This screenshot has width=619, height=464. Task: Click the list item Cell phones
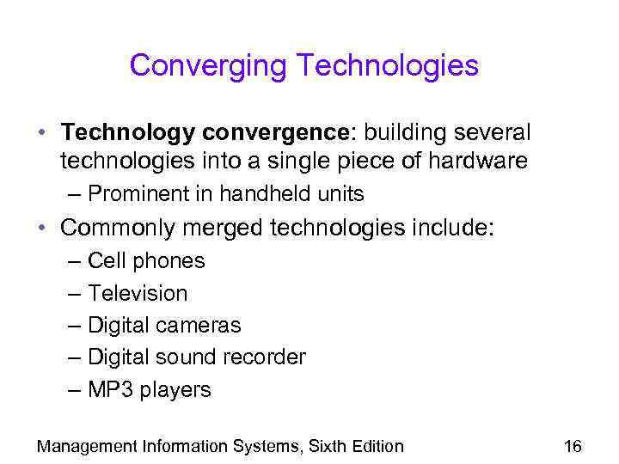146,260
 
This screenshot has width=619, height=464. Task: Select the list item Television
138,293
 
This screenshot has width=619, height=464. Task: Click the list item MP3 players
149,390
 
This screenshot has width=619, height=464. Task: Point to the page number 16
573,446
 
